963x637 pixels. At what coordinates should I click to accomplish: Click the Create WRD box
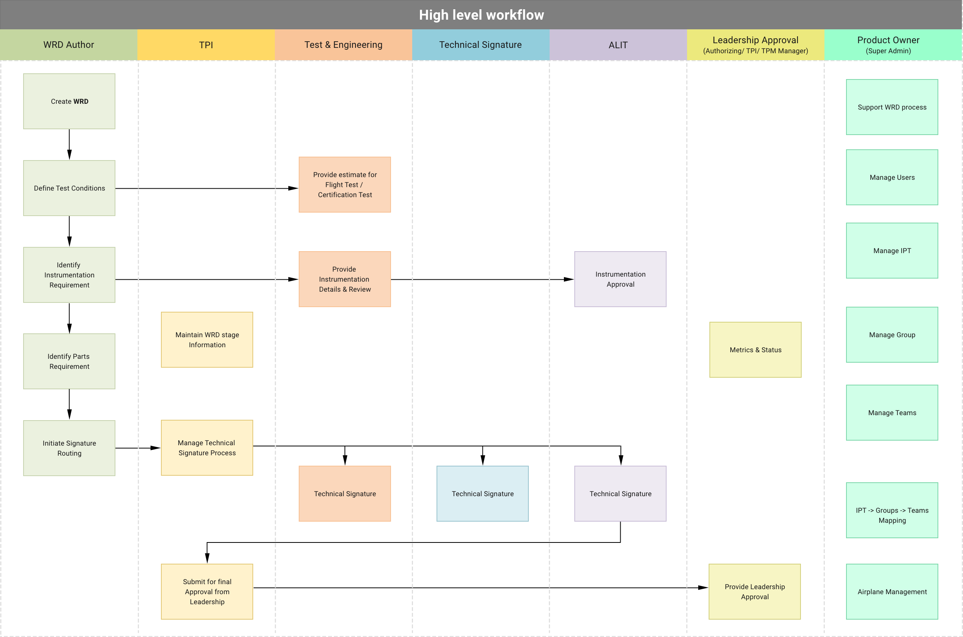[69, 101]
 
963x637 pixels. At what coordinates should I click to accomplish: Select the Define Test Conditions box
[69, 188]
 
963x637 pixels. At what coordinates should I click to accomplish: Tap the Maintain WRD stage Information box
[207, 340]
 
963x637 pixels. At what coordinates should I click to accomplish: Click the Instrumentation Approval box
[620, 279]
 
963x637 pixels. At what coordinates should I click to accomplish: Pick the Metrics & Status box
[755, 350]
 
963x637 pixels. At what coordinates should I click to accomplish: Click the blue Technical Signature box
[482, 493]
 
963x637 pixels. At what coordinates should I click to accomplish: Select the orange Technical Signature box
[345, 493]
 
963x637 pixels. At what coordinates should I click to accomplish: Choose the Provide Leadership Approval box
[755, 591]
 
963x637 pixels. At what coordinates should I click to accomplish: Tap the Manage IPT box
[892, 251]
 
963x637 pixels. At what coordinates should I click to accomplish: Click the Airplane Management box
[892, 591]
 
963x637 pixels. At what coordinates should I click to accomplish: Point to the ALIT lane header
[618, 45]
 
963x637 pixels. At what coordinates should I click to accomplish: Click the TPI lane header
[206, 45]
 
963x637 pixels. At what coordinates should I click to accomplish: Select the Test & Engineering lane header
[344, 45]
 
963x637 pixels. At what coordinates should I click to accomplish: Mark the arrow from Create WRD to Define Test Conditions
[69, 144]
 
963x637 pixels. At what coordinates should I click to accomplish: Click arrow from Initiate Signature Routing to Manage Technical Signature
[138, 448]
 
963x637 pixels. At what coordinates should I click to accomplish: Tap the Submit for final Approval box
[207, 591]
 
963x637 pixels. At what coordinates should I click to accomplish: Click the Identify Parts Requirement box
[69, 361]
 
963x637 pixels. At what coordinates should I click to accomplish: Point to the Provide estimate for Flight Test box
[345, 184]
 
